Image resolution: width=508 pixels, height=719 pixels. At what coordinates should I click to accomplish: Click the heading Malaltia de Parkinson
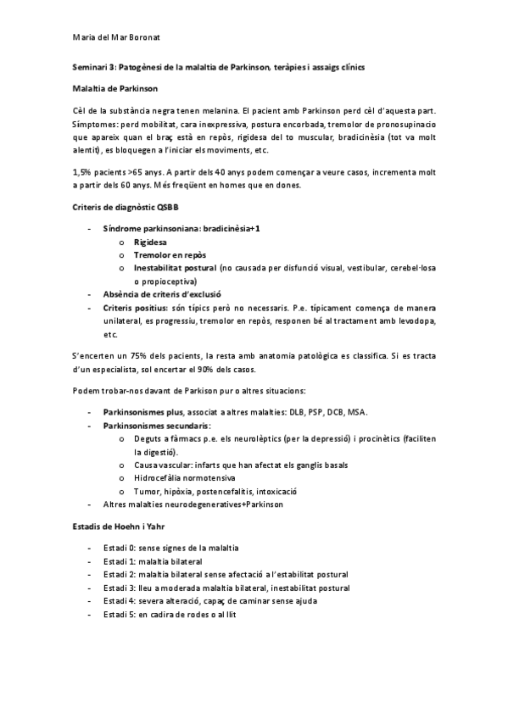(x=114, y=87)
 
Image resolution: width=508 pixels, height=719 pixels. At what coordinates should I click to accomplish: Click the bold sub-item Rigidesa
(x=150, y=242)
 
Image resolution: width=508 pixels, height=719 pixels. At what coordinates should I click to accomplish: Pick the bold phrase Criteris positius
(x=134, y=308)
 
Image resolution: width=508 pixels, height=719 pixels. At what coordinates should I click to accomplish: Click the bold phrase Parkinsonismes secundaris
(x=156, y=424)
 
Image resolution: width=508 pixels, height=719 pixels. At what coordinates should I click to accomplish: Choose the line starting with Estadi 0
(x=170, y=548)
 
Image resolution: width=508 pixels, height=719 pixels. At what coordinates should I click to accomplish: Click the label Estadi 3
(x=120, y=587)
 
